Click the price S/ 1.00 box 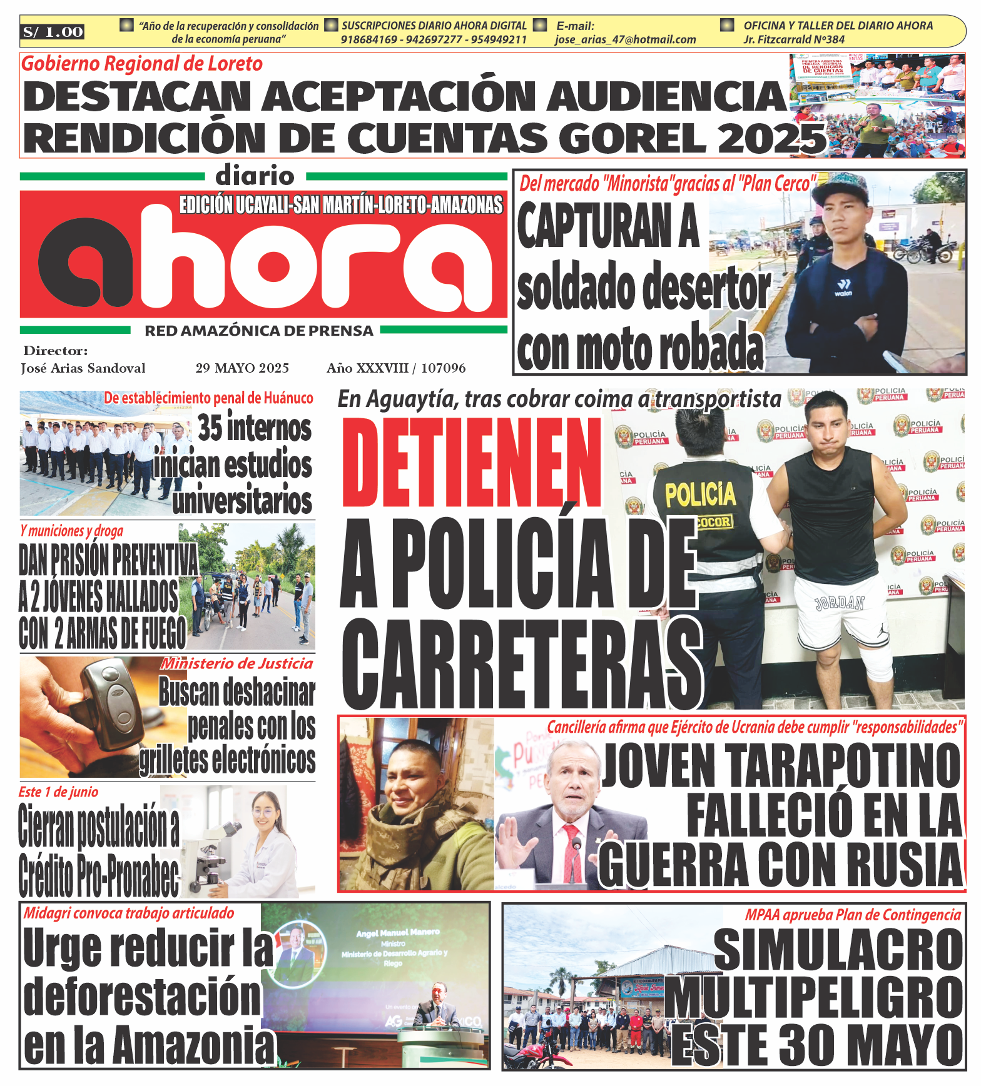[x=53, y=32]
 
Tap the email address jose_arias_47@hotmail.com [x=625, y=39]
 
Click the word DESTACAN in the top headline [x=136, y=97]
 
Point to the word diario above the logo [x=255, y=176]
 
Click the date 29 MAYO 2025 [x=242, y=368]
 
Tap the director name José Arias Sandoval [x=83, y=368]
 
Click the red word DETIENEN [x=470, y=463]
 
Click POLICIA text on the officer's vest [x=700, y=494]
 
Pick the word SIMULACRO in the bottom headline [x=838, y=949]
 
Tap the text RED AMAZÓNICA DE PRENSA [x=259, y=331]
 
